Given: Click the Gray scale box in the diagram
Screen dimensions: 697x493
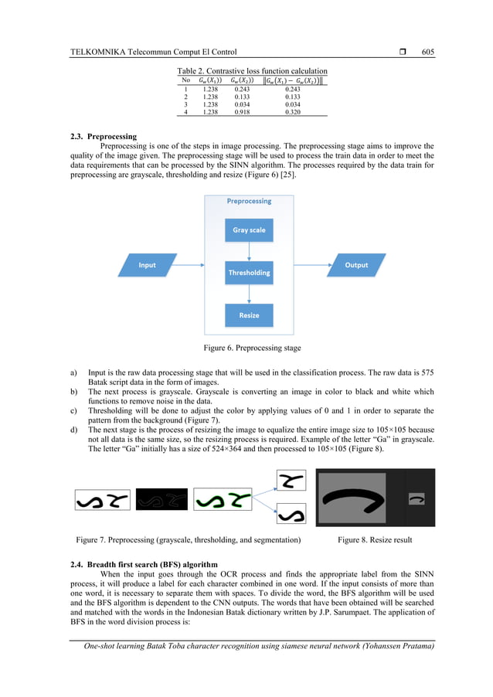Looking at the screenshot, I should pos(249,230).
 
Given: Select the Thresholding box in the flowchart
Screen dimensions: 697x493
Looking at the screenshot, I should pos(249,273).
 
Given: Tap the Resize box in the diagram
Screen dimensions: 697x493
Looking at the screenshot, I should pos(249,315).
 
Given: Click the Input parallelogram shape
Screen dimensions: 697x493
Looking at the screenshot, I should pos(147,265).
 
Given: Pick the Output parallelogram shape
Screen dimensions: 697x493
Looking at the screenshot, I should pos(356,265).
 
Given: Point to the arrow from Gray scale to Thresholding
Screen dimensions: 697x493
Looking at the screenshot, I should pos(249,251).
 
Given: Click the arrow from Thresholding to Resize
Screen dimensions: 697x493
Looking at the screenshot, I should pos(249,294).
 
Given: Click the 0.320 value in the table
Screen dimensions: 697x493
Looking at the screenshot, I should pos(292,112).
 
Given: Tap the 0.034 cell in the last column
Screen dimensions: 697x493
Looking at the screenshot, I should pos(292,104).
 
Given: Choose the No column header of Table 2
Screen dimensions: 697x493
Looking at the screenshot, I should pos(185,80).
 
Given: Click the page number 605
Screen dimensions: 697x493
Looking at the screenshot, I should pos(427,52).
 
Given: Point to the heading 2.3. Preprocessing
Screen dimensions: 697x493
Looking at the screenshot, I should pos(103,136).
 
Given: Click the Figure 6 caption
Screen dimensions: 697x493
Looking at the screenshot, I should pos(246,348).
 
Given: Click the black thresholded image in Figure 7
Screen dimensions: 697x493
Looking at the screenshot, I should pos(161,499).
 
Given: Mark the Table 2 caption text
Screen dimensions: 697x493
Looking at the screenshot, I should pos(252,71).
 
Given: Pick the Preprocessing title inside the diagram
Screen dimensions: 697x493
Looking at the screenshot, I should pos(249,201).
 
